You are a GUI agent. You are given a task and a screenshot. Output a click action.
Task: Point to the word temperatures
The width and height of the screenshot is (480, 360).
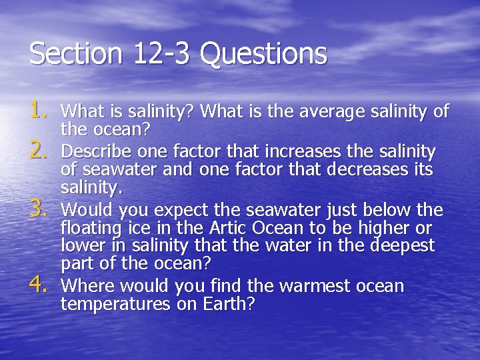click(x=110, y=305)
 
